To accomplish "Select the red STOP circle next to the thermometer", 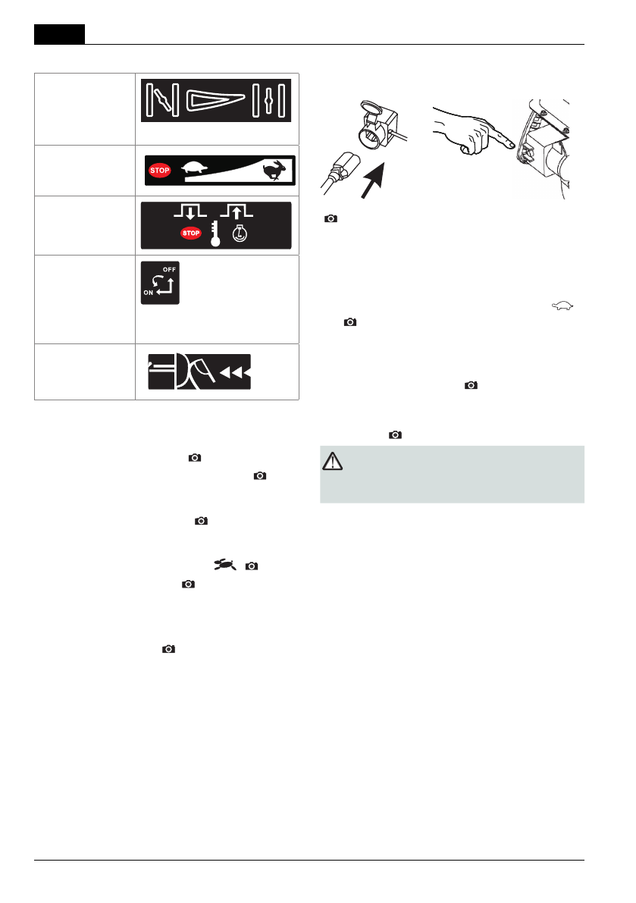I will pos(191,233).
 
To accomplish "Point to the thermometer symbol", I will pos(216,234).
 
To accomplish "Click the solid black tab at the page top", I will pos(59,34).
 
